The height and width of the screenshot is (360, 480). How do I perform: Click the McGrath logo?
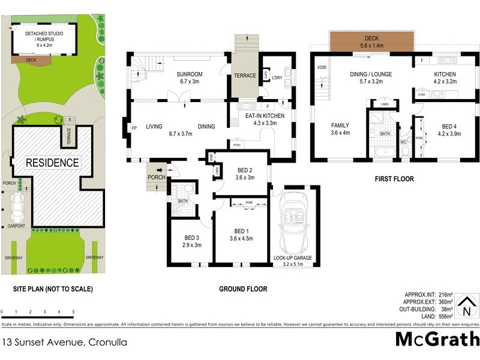pyautogui.click(x=437, y=339)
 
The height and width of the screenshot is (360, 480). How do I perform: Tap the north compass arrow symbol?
pyautogui.click(x=466, y=305)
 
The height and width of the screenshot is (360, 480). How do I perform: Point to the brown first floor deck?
pyautogui.click(x=370, y=40)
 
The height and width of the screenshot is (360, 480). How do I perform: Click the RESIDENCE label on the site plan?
pyautogui.click(x=52, y=163)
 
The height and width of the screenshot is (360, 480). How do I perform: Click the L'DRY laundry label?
pyautogui.click(x=277, y=78)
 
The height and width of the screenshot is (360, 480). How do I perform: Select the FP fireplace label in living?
pyautogui.click(x=133, y=127)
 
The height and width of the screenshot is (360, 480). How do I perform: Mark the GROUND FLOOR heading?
pyautogui.click(x=243, y=289)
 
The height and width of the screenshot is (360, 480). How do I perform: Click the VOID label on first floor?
pyautogui.click(x=321, y=67)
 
